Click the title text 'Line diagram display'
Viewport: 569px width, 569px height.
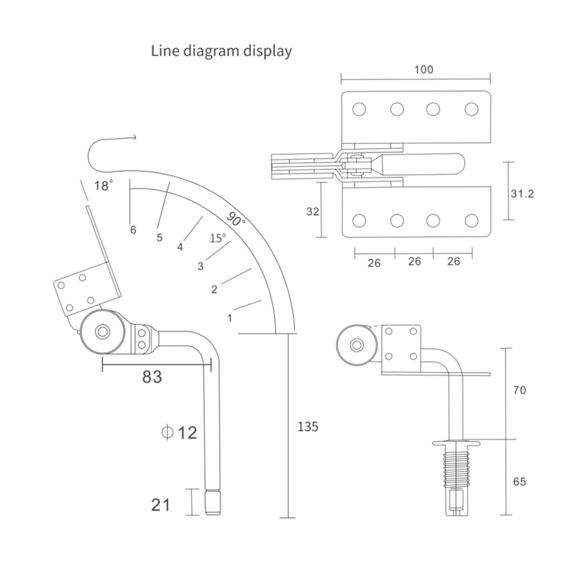pos(221,51)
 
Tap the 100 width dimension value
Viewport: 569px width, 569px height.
pos(422,70)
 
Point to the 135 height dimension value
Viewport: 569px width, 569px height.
pos(307,427)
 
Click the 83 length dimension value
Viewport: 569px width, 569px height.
pos(151,377)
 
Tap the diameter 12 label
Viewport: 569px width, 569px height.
pos(179,432)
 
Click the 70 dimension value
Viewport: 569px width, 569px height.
pos(519,390)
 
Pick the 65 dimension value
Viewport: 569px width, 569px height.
pos(519,482)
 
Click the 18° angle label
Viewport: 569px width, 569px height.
pos(104,186)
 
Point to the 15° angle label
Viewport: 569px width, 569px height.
pos(218,238)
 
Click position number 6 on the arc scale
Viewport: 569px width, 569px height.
pos(132,229)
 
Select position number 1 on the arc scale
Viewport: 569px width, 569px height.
pos(230,318)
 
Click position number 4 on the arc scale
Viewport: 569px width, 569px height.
pos(181,248)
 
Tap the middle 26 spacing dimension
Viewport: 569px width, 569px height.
pos(414,262)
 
